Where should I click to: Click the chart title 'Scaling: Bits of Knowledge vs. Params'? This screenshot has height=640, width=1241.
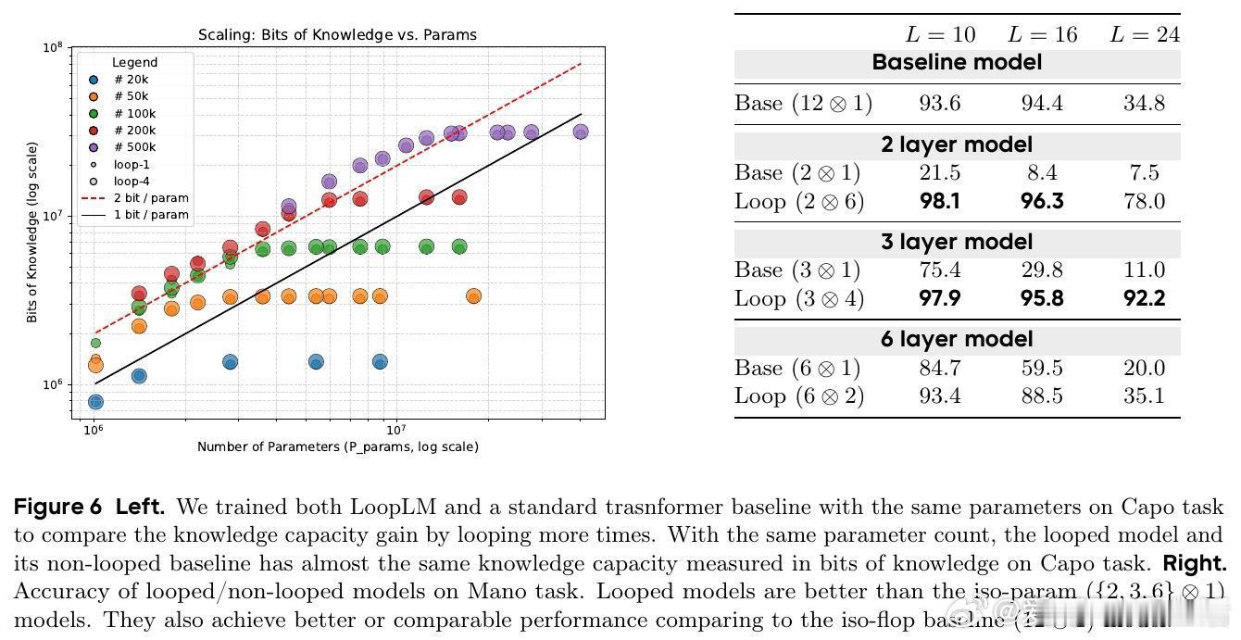click(x=337, y=36)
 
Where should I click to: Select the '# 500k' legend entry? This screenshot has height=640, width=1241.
click(x=135, y=147)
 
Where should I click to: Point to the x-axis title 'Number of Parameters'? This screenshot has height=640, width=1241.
click(x=337, y=446)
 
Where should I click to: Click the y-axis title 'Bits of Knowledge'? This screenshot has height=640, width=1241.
click(x=32, y=232)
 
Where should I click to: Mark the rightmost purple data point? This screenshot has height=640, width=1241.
click(x=581, y=132)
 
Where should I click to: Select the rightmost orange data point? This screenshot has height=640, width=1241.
click(x=473, y=296)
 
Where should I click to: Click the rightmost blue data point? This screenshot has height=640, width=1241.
click(x=380, y=362)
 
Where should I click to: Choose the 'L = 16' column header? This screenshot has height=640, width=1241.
click(x=1042, y=35)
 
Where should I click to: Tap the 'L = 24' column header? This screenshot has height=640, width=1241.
click(x=1144, y=35)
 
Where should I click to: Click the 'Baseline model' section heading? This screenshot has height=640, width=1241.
click(x=957, y=63)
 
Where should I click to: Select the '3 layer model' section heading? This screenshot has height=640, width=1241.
click(x=957, y=242)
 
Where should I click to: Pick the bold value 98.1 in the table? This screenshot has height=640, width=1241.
click(x=940, y=201)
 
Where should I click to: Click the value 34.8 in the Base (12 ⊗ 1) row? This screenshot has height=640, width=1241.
click(x=1144, y=103)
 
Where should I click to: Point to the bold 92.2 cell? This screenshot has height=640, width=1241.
click(x=1144, y=298)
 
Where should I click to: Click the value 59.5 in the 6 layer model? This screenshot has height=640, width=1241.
click(x=1042, y=368)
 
